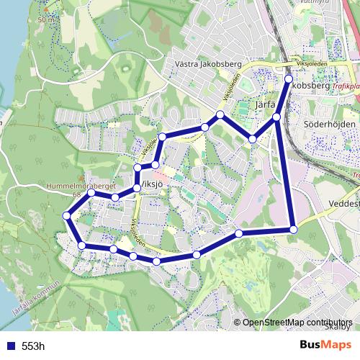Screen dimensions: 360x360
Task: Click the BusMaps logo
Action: pos(325,345)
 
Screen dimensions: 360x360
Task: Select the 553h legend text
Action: pos(33,346)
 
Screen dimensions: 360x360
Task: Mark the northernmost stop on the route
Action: pos(289,79)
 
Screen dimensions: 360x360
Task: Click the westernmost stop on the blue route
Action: pos(67,215)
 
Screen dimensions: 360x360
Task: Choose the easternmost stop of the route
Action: pos(294,229)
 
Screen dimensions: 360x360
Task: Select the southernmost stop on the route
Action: pos(157,261)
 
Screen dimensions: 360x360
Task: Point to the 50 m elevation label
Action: pos(47,20)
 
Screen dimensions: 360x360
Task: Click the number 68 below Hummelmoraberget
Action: pos(76,194)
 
